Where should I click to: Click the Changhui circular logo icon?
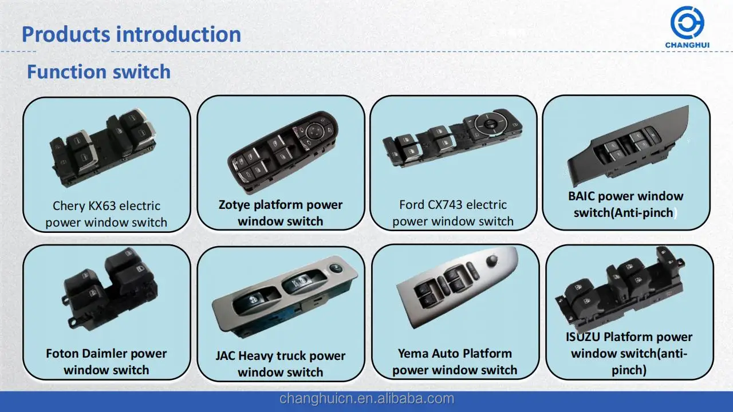tap(687, 22)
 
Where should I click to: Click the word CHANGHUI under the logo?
tap(687, 45)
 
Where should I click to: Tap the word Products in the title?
tap(66, 34)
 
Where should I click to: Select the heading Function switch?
tap(99, 72)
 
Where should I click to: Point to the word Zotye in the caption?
tap(235, 205)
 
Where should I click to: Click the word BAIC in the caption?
tap(581, 196)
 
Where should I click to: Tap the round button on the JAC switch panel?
tap(336, 269)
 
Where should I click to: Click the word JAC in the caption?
tap(225, 356)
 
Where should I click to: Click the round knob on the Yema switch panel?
tap(492, 260)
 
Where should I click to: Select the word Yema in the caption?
tap(413, 354)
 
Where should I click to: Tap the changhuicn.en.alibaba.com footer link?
tap(366, 399)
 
